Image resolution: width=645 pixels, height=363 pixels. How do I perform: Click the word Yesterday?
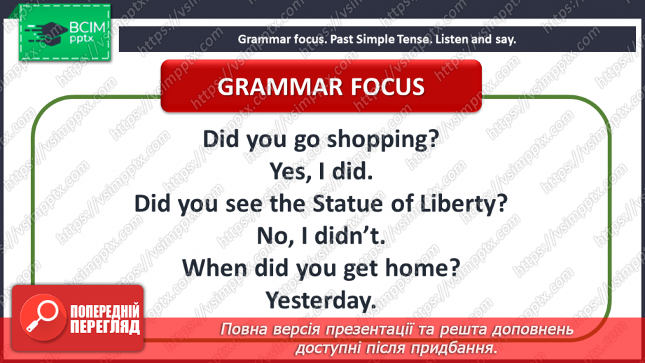pos(321,301)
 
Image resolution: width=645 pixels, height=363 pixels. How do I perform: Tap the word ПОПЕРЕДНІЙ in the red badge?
pos(105,311)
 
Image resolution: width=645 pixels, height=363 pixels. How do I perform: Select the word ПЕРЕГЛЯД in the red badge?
pos(105,327)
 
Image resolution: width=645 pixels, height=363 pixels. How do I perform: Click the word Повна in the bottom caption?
pos(242,329)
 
